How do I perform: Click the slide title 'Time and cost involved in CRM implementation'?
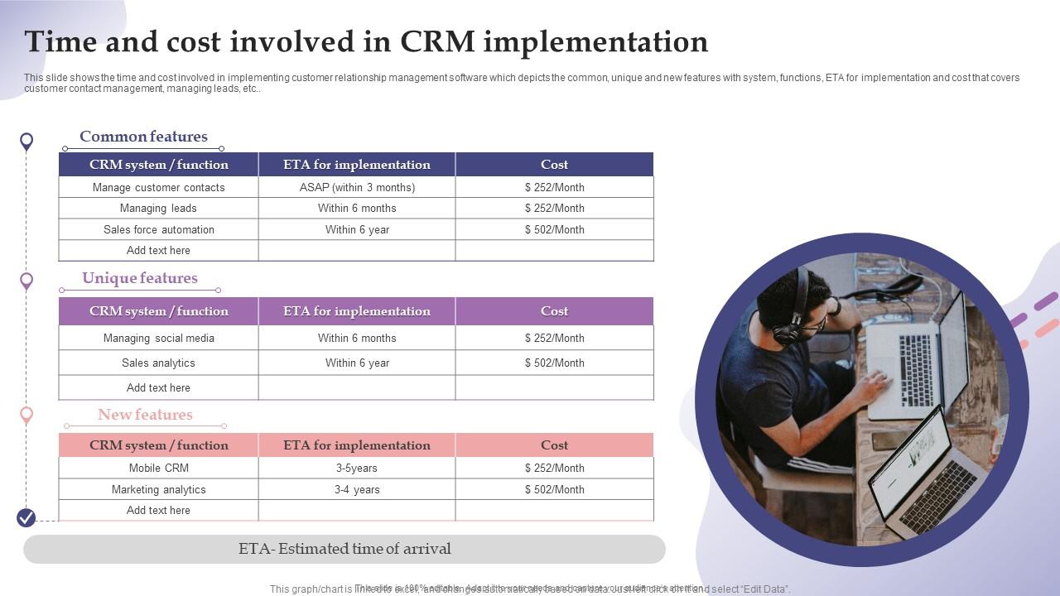pos(366,41)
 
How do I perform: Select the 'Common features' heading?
pos(143,137)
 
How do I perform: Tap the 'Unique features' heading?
pos(140,278)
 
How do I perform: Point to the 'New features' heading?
pos(145,415)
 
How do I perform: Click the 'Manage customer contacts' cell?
pos(158,187)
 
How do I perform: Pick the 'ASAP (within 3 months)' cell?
pos(357,187)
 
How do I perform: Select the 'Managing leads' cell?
pos(158,208)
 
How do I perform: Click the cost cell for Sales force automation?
pos(554,229)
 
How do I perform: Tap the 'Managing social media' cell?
pos(158,338)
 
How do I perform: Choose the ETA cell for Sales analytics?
pos(357,363)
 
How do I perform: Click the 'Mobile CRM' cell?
pos(158,468)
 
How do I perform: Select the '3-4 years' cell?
pos(357,489)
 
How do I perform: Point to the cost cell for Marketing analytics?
pos(554,489)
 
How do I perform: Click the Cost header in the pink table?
pos(554,445)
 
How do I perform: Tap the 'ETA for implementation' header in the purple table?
pos(357,311)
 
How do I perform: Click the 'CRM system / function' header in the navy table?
pos(158,165)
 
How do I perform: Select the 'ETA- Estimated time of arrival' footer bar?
pos(344,549)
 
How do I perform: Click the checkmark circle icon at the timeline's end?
pos(26,518)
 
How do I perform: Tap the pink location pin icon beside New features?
pos(26,415)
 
